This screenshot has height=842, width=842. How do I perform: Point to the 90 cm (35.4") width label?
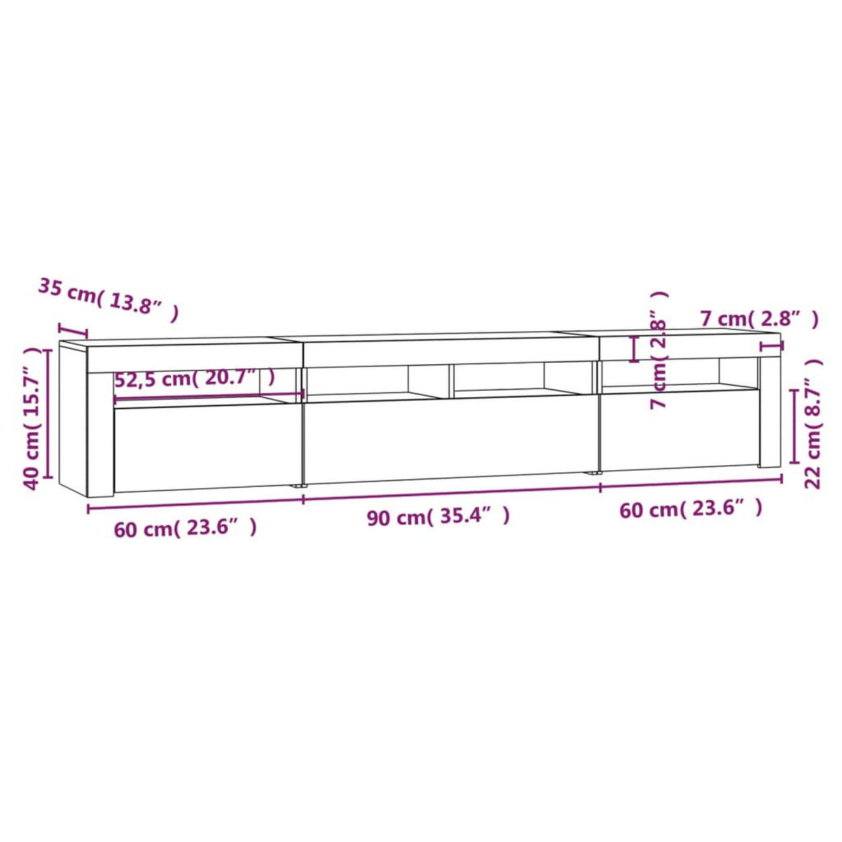[438, 517]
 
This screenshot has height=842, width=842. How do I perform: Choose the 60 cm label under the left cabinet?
[185, 528]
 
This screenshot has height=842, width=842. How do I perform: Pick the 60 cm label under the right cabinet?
[690, 508]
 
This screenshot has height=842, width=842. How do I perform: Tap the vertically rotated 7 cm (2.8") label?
[659, 351]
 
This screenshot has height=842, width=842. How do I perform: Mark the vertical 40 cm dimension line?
[49, 413]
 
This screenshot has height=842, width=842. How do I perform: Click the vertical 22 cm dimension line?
[794, 426]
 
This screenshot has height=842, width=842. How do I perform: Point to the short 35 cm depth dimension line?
[73, 330]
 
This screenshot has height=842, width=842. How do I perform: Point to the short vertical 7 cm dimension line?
[635, 349]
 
